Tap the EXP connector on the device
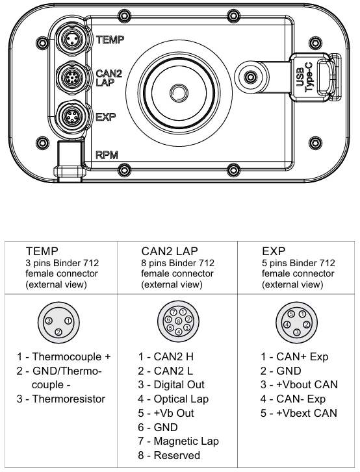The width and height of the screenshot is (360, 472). (x=73, y=118)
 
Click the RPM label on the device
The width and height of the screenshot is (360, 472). (x=107, y=156)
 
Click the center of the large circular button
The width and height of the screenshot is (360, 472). (x=176, y=90)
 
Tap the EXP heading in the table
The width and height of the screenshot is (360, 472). (x=274, y=250)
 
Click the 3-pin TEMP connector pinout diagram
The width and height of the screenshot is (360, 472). (x=58, y=324)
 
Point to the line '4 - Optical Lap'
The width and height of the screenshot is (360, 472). (x=173, y=399)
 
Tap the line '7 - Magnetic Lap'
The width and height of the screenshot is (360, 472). (x=178, y=441)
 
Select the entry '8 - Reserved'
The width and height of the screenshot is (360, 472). (x=169, y=455)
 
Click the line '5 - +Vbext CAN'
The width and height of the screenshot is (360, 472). (x=299, y=413)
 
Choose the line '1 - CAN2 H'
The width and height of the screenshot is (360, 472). (x=166, y=356)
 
